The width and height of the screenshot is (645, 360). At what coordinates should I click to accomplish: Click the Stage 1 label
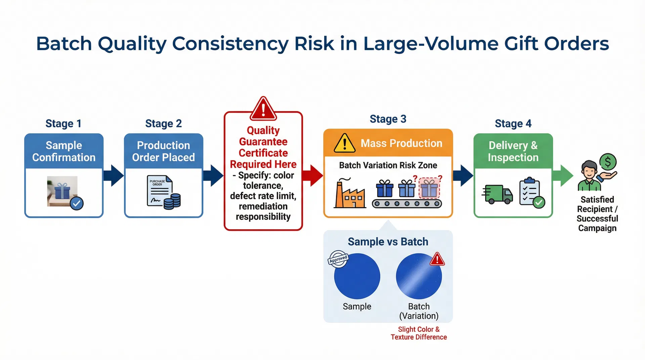click(x=63, y=124)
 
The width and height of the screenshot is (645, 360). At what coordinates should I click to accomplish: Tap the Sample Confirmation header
click(x=64, y=151)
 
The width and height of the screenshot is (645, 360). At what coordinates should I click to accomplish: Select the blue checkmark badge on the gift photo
click(x=77, y=203)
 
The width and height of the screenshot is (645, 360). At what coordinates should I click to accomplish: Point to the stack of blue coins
click(x=172, y=201)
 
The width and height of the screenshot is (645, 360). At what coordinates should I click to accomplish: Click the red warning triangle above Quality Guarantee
click(x=263, y=108)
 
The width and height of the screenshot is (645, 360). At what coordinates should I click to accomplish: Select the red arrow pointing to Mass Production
click(x=312, y=175)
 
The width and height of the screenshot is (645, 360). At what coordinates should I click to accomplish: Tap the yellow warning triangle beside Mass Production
click(x=344, y=143)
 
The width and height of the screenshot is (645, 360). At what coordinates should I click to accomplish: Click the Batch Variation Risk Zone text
click(x=388, y=165)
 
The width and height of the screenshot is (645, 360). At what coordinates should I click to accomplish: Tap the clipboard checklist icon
click(x=531, y=192)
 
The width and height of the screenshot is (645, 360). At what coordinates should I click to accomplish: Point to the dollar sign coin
click(x=608, y=162)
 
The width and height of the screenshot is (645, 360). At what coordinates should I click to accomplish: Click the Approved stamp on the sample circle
click(x=338, y=259)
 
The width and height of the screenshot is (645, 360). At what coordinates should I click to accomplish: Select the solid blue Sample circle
click(x=357, y=276)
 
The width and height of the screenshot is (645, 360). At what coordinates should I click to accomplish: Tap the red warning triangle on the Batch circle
click(x=437, y=259)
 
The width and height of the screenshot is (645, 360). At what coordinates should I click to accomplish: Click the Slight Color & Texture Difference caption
click(x=419, y=333)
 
